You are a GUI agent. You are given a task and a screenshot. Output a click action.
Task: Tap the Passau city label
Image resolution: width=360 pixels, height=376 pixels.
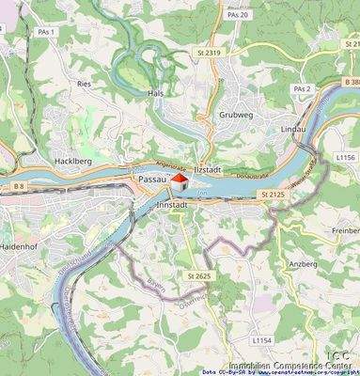click(152, 179)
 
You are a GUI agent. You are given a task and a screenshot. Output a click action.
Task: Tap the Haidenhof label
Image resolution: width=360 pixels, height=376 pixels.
click(21, 243)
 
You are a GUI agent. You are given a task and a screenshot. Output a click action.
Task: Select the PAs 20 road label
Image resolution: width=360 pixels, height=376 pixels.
click(238, 16)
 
